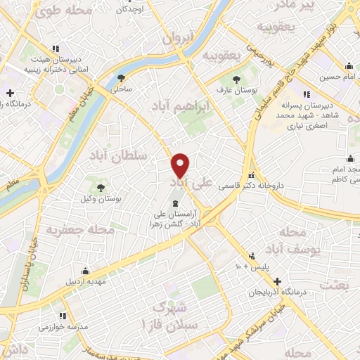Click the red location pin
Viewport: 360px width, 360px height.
pyautogui.click(x=181, y=165)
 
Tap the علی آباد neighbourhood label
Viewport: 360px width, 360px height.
pyautogui.click(x=188, y=183)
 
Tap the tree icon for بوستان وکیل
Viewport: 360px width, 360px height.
pyautogui.click(x=101, y=188)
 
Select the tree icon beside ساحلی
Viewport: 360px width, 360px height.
pyautogui.click(x=121, y=78)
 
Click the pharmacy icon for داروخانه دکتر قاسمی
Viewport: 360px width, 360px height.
pyautogui.click(x=251, y=175)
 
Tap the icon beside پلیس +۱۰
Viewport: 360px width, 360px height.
pyautogui.click(x=252, y=256)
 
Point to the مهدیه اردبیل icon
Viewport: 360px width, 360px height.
pyautogui.click(x=85, y=271)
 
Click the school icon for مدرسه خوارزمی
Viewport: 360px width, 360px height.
pyautogui.click(x=63, y=316)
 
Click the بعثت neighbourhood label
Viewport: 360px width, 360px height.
pyautogui.click(x=333, y=285)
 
